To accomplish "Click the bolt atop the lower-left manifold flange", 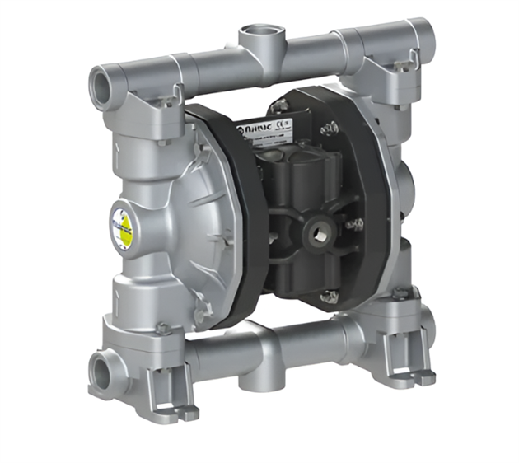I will point(162,328).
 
